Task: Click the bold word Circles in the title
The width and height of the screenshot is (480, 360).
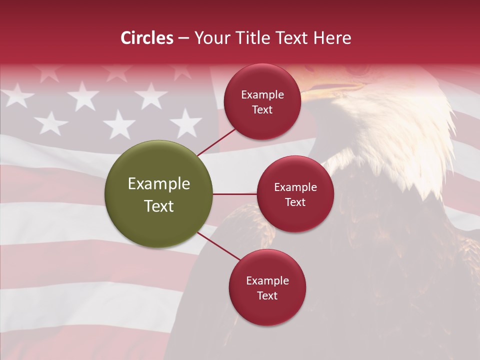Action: tap(147, 38)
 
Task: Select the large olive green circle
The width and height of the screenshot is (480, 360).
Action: tap(159, 194)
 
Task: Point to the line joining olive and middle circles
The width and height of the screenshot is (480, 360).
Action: tap(235, 194)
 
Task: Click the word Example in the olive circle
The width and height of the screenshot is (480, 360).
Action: tap(159, 184)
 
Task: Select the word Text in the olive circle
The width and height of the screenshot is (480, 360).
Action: tap(159, 206)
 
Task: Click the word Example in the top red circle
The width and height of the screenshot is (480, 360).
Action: tap(262, 95)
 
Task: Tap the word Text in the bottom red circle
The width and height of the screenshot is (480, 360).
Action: tap(267, 296)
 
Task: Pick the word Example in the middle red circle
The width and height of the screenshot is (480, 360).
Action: tap(295, 187)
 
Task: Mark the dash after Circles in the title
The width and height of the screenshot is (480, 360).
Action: tap(183, 38)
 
